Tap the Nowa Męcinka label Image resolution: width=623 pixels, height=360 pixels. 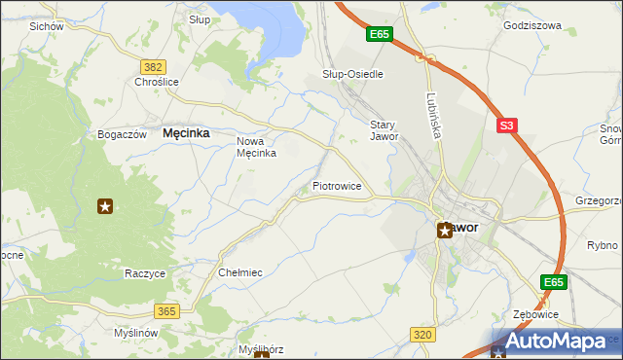[x=257, y=147]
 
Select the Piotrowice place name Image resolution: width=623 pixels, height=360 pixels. [x=337, y=185]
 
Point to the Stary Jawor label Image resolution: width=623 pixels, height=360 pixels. [x=384, y=130]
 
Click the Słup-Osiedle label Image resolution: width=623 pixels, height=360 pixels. [x=352, y=74]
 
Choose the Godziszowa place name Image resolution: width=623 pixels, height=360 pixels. [x=532, y=25]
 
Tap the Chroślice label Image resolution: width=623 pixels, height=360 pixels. [x=157, y=82]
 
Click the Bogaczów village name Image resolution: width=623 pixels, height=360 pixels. [x=122, y=133]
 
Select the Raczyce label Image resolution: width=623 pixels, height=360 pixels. [x=145, y=273]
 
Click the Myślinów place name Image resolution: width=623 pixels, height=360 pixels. [x=135, y=333]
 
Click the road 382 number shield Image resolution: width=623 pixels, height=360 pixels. [x=152, y=66]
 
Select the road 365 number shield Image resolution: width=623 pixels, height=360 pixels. [x=165, y=310]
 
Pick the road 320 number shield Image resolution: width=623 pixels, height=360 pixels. [x=421, y=335]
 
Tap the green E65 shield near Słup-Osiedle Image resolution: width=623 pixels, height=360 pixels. [x=380, y=35]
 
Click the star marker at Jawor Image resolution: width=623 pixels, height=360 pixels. [x=444, y=231]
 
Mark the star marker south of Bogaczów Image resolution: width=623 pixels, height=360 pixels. [x=105, y=205]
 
